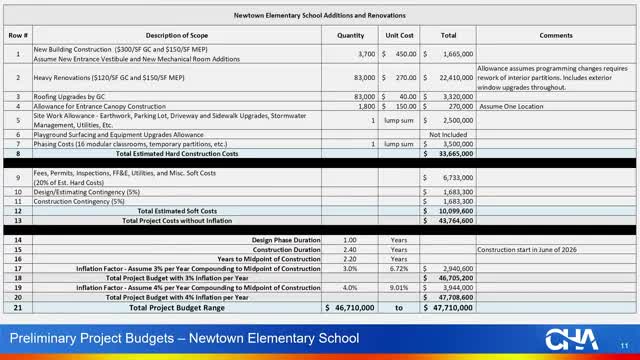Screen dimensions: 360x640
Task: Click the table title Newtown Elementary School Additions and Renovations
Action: (319, 17)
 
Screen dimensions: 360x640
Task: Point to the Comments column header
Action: (555, 35)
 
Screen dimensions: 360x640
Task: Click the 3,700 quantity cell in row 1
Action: (362, 54)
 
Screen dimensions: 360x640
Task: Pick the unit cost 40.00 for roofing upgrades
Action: (405, 96)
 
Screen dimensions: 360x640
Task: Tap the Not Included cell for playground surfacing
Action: (448, 134)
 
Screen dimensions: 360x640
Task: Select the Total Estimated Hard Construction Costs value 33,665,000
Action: (452, 154)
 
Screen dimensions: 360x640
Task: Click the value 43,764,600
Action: (452, 220)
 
